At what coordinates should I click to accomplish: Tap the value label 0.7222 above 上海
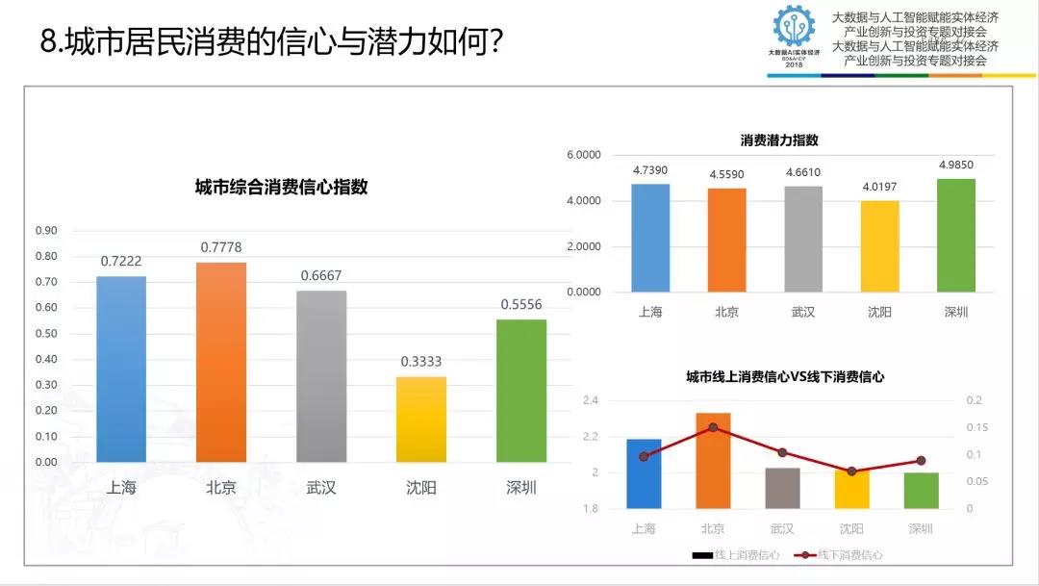coord(121,262)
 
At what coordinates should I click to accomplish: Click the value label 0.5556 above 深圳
coord(521,304)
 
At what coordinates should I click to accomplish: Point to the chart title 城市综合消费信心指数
coord(281,188)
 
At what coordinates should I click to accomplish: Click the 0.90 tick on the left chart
coord(46,231)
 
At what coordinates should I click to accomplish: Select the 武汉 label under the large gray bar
coord(321,488)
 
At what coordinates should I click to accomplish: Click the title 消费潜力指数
coord(779,140)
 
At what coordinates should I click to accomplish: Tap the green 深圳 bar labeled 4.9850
coord(955,235)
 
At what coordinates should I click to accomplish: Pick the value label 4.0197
coord(879,186)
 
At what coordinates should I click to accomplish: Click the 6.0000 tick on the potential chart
coord(584,155)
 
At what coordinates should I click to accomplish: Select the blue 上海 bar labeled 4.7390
coord(650,238)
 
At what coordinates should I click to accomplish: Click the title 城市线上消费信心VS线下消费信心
coord(784,377)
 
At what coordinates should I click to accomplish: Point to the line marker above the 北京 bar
coord(713,427)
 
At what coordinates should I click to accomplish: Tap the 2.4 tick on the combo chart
coord(590,400)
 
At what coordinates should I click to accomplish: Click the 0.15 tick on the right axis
coord(975,427)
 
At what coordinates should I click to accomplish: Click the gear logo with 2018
coord(794,36)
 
